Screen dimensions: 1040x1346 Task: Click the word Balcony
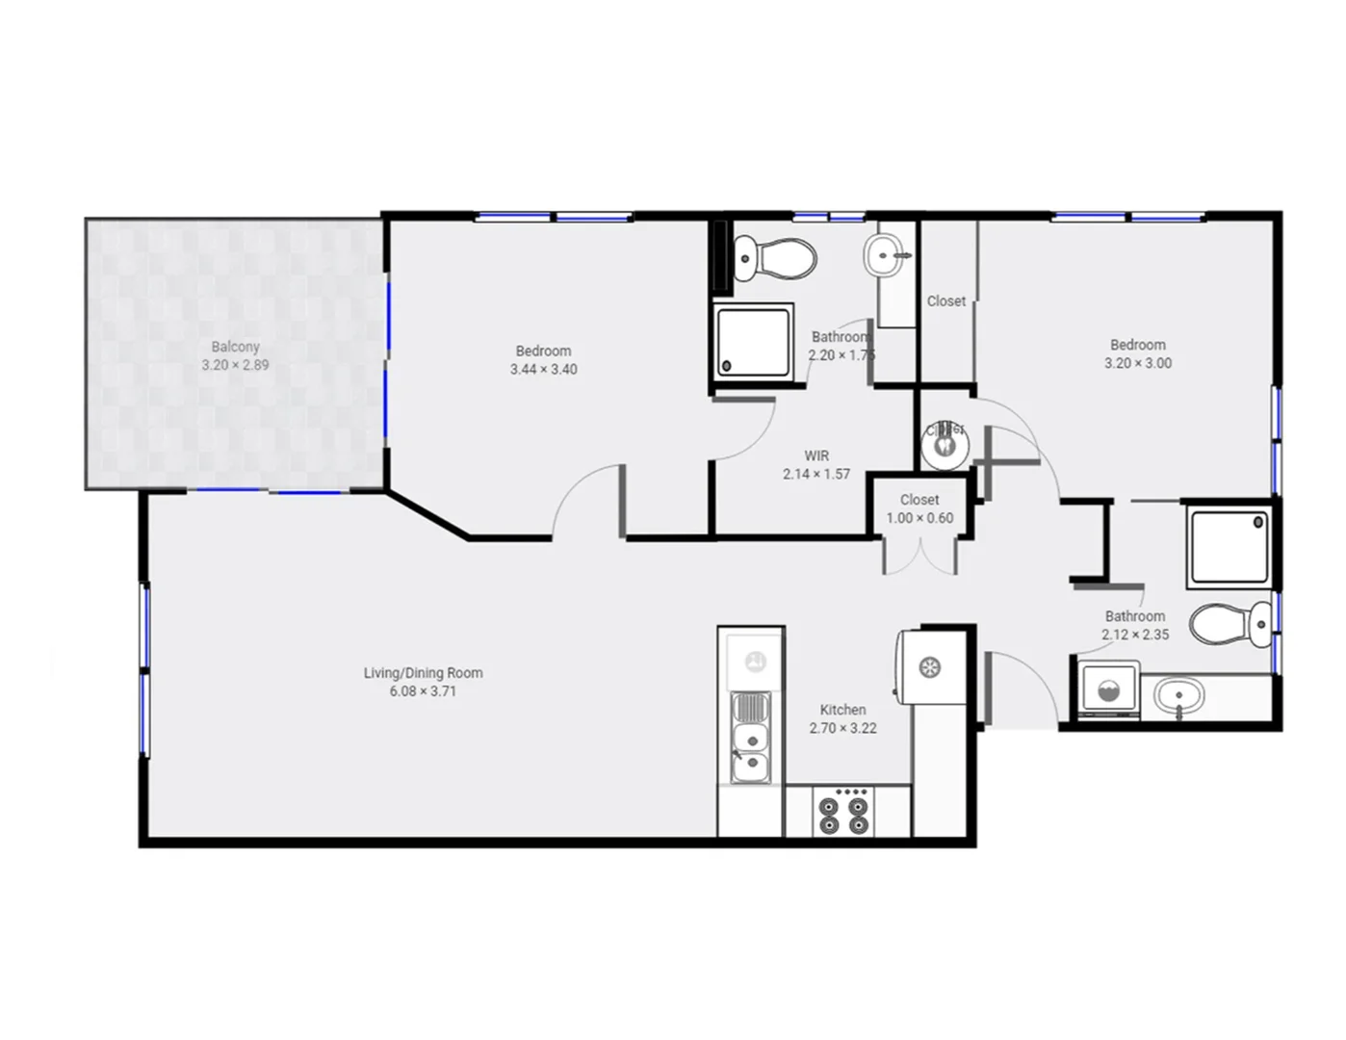[x=235, y=347]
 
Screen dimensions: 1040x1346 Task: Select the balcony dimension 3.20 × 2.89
[x=235, y=365]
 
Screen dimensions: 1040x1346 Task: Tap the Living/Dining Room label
[x=423, y=673]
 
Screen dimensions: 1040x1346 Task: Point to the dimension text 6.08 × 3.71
[x=423, y=691]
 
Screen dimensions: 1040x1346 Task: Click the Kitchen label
[x=842, y=710]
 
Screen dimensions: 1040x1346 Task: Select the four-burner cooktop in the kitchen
[x=844, y=812]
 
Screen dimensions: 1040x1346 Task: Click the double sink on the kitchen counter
[x=751, y=738]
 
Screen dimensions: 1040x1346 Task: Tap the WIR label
[x=816, y=455]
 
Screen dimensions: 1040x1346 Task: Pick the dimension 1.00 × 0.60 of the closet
[x=919, y=518]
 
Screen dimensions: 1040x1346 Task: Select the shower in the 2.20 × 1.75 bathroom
[x=753, y=341]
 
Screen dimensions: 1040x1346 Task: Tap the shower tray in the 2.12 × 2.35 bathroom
[x=1230, y=547]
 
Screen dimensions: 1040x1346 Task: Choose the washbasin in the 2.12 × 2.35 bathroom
[x=1178, y=695]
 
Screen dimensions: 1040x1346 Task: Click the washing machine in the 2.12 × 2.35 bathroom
[x=1108, y=689]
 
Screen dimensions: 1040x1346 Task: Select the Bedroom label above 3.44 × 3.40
[x=543, y=351]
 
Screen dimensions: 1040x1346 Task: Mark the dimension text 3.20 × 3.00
[x=1137, y=363]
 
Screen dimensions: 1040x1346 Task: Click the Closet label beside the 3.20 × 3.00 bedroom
[x=945, y=301]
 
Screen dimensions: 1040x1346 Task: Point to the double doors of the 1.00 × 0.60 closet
[x=920, y=558]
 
